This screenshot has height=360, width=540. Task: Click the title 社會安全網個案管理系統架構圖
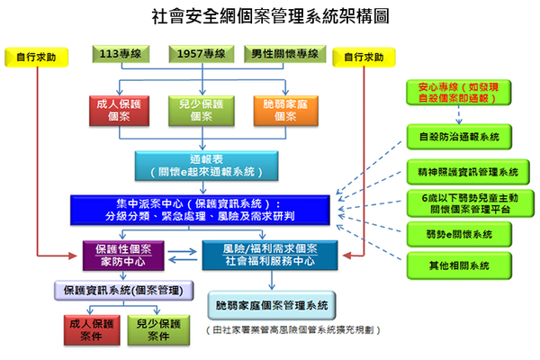click(x=271, y=16)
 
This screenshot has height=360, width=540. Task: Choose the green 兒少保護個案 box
click(x=197, y=110)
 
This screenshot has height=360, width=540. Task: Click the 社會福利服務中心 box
click(x=269, y=256)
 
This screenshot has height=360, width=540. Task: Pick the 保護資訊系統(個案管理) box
click(x=124, y=292)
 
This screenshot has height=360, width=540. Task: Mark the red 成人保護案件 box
click(x=88, y=330)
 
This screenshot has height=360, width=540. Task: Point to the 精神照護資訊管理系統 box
click(x=465, y=171)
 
